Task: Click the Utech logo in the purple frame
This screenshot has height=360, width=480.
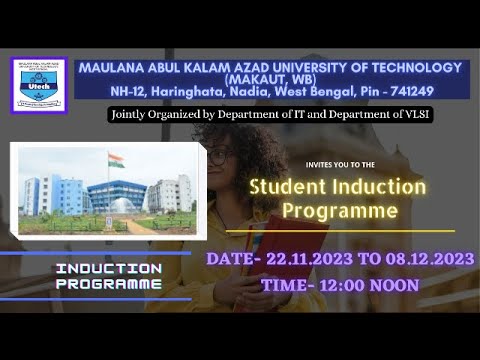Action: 39,85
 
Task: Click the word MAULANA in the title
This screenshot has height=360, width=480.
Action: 113,67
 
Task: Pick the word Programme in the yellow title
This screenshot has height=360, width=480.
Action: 339,211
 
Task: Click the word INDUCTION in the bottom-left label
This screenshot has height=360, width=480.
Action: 108,269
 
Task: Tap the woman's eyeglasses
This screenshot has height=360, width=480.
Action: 222,157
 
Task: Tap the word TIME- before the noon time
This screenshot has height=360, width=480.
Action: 286,285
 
